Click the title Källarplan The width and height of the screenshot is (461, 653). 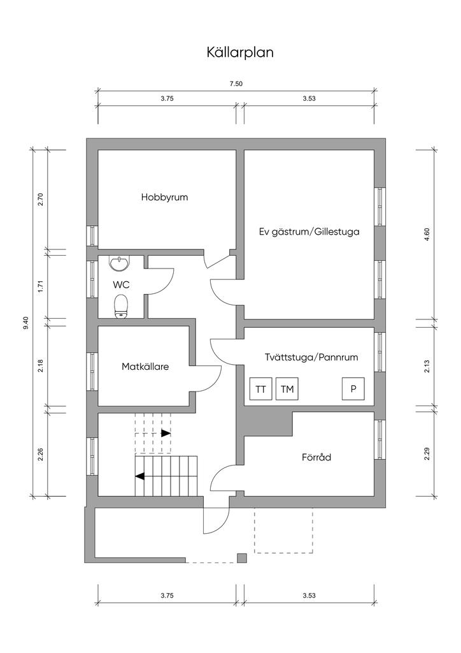point(240,53)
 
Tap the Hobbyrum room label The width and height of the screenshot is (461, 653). point(165,197)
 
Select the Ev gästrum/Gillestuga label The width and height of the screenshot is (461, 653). point(309,231)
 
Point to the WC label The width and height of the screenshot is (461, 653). point(121,285)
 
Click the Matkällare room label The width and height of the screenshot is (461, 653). point(145,367)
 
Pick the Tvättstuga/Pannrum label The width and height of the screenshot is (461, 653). point(311,357)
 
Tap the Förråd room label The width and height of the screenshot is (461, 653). point(316,457)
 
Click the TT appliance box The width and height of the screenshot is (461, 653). point(260,389)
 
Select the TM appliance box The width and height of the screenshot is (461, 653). point(287,389)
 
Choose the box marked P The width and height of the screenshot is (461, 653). point(353,389)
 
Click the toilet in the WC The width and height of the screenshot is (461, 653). point(120,307)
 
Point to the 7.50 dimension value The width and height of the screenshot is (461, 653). point(236,84)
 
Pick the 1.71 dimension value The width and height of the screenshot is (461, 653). point(40,287)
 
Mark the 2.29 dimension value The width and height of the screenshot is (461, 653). point(427,453)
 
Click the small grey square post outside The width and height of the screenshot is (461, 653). point(241,557)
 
